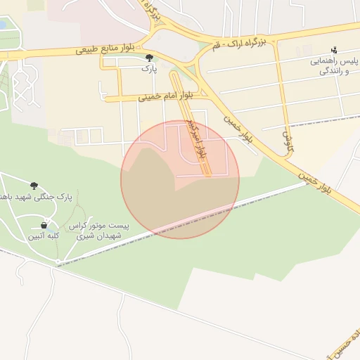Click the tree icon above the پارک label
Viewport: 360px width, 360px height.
point(148,58)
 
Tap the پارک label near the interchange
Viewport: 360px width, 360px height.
point(148,69)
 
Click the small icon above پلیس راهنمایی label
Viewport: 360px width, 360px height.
point(334,50)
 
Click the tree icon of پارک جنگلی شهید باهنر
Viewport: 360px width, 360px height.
point(34,185)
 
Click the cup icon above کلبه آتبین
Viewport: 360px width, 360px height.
point(44,225)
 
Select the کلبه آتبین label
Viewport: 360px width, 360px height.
point(44,236)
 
